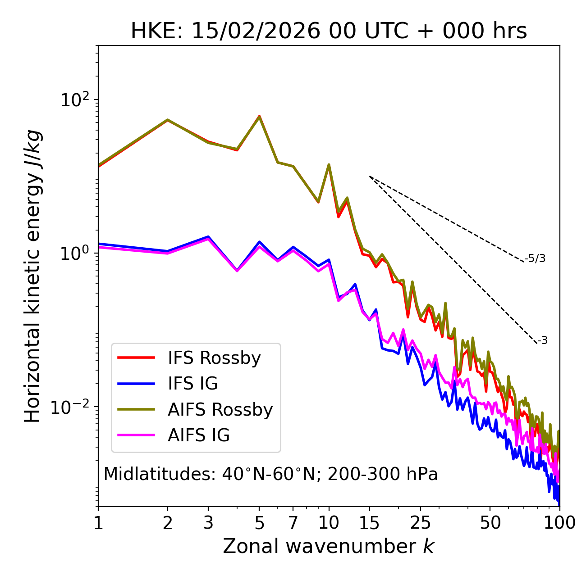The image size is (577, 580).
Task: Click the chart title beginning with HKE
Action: click(x=329, y=32)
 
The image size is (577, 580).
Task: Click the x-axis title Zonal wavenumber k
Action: click(x=329, y=546)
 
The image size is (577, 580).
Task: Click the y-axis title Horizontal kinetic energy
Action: click(x=32, y=276)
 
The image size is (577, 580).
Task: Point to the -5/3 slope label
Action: click(x=535, y=258)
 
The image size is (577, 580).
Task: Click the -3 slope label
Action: click(x=542, y=340)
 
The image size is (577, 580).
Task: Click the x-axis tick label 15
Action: click(x=370, y=522)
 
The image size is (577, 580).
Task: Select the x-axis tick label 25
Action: click(x=421, y=522)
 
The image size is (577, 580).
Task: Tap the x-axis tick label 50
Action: click(x=490, y=522)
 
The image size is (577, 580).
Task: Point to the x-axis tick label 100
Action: click(x=559, y=522)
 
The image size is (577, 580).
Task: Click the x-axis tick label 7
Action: click(x=293, y=522)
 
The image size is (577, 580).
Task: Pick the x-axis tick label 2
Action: click(x=168, y=522)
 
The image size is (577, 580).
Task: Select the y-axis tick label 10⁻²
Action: click(x=73, y=408)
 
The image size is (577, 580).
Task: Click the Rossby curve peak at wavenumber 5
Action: click(x=259, y=116)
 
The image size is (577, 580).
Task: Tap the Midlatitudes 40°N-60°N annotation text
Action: click(x=270, y=474)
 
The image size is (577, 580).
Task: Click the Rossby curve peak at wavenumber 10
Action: click(x=329, y=165)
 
